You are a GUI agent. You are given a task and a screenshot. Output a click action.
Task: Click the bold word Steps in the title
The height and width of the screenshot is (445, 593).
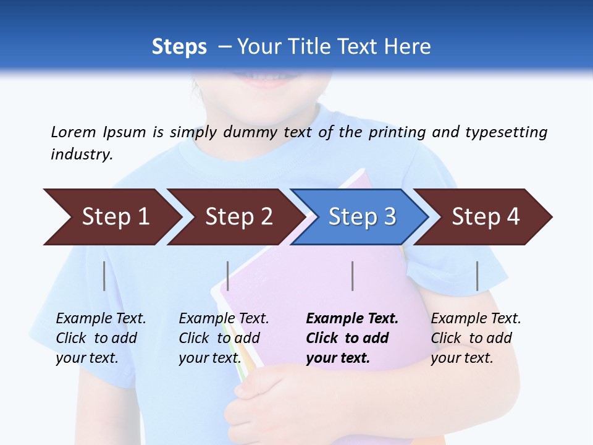pyautogui.click(x=179, y=47)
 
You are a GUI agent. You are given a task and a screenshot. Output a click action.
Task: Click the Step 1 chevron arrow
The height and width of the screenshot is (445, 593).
pyautogui.click(x=111, y=217)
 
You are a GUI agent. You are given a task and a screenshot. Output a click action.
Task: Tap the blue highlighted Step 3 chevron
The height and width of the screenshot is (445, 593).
pyautogui.click(x=361, y=217)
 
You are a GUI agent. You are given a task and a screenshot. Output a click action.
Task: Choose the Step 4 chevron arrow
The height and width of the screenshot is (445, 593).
pyautogui.click(x=485, y=217)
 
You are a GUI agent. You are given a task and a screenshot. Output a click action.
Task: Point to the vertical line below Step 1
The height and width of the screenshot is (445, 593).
pyautogui.click(x=104, y=276)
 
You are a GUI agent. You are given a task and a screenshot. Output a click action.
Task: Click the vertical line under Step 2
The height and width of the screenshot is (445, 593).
pyautogui.click(x=228, y=276)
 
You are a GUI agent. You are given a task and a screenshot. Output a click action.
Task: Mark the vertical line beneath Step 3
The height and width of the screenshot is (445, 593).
pyautogui.click(x=352, y=276)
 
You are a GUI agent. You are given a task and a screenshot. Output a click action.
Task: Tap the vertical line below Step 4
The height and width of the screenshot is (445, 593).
pyautogui.click(x=477, y=276)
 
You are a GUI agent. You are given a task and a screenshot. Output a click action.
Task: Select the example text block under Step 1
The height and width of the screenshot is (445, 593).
pyautogui.click(x=101, y=338)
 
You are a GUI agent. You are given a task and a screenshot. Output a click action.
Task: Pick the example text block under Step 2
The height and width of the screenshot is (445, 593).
pyautogui.click(x=224, y=338)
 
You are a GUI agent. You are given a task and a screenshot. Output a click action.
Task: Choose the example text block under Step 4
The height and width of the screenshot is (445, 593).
pyautogui.click(x=476, y=338)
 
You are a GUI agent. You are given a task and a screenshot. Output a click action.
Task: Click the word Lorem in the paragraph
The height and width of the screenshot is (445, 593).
pyautogui.click(x=74, y=132)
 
